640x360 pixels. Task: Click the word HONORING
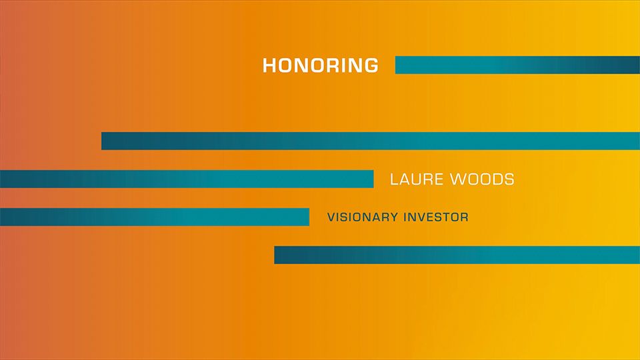click(x=321, y=65)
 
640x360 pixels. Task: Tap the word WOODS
click(x=482, y=179)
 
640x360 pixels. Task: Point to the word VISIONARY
click(x=363, y=217)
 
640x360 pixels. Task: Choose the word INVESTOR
click(x=436, y=217)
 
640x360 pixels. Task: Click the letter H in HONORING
click(x=270, y=65)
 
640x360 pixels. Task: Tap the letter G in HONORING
click(x=371, y=65)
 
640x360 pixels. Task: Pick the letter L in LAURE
click(x=394, y=179)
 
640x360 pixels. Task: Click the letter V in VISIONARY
click(x=331, y=217)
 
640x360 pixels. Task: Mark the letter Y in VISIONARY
click(x=394, y=217)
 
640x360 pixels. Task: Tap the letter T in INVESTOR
click(x=445, y=217)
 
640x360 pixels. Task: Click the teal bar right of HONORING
click(x=517, y=65)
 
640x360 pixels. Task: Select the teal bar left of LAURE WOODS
click(x=187, y=179)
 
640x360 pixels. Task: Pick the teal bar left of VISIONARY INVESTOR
click(x=155, y=217)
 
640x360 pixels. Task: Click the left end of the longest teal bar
click(x=101, y=141)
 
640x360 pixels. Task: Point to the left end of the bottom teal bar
click(x=275, y=255)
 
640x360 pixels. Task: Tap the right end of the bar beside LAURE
click(x=373, y=179)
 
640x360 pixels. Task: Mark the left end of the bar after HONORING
click(x=395, y=65)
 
